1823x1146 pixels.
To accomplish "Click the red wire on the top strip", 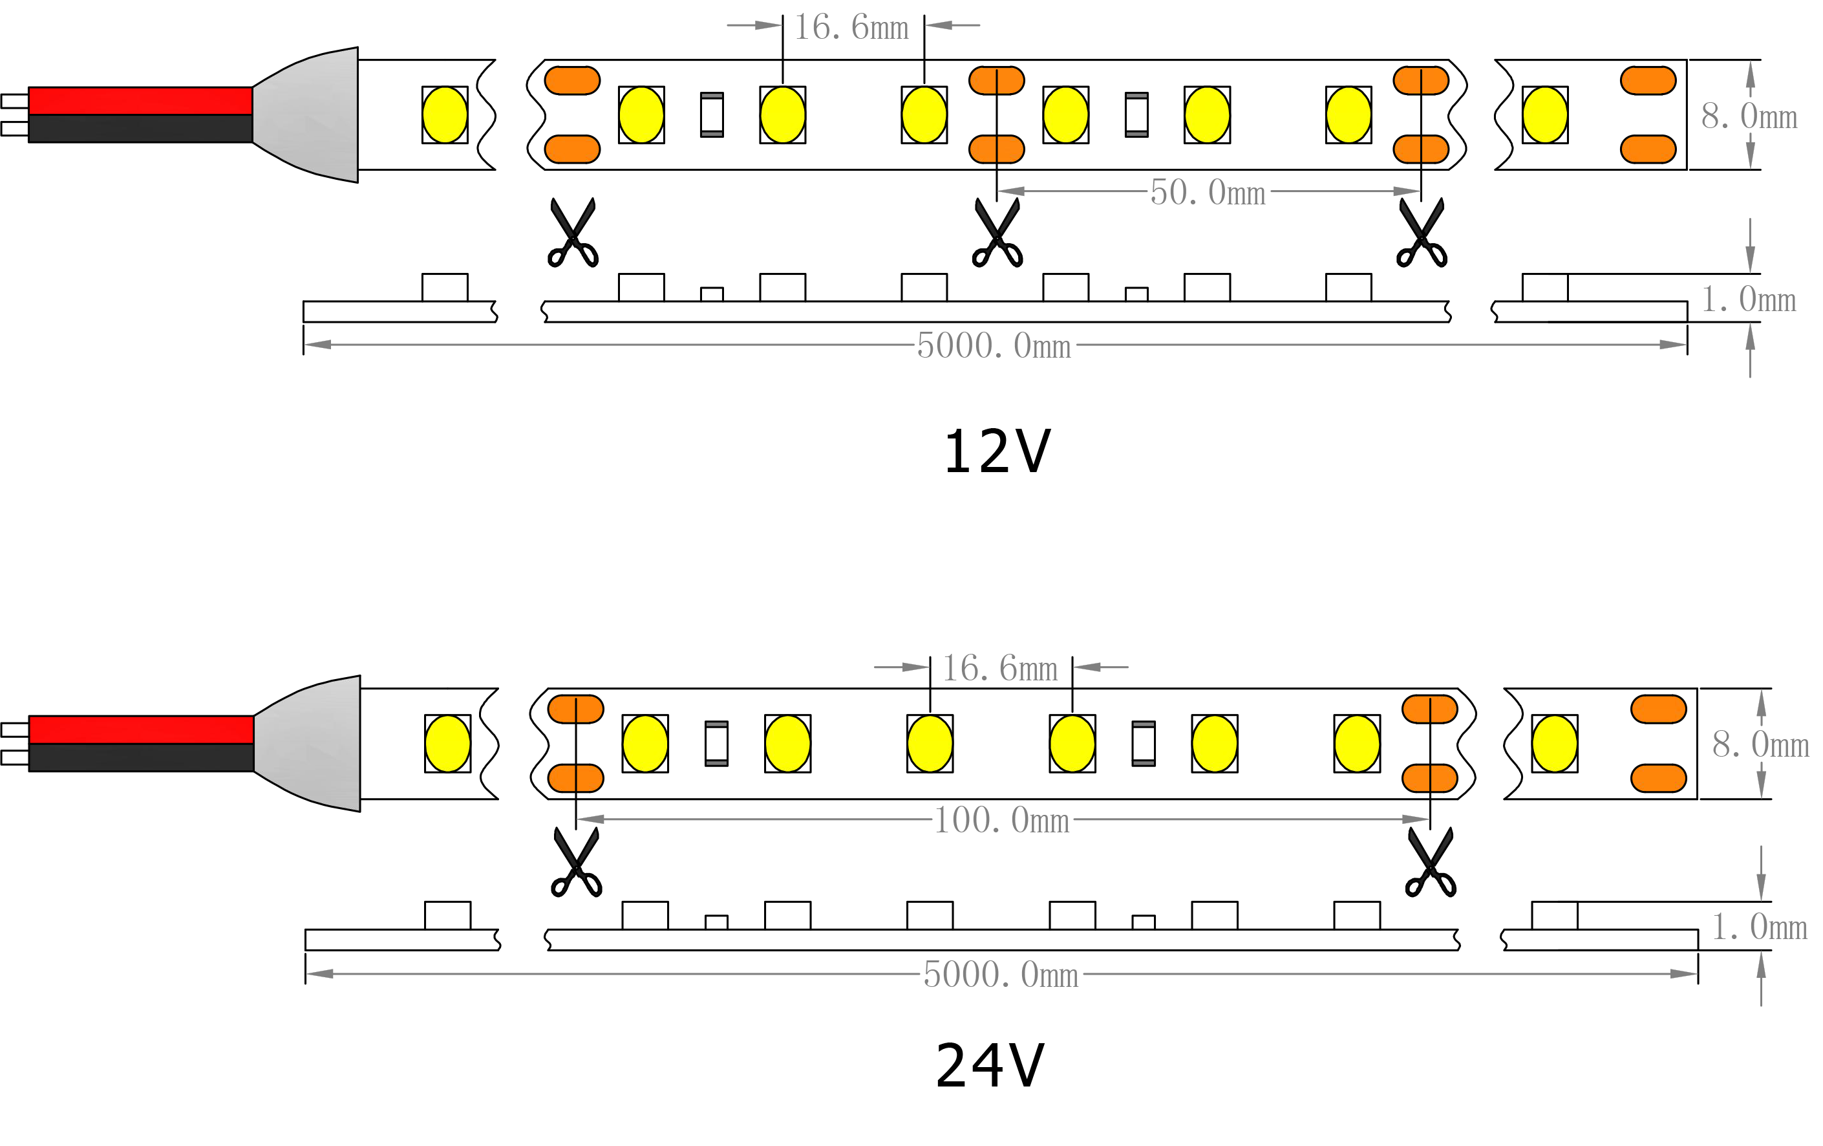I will tap(140, 101).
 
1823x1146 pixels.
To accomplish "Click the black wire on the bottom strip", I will tap(141, 757).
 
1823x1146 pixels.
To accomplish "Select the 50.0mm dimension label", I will tap(1208, 193).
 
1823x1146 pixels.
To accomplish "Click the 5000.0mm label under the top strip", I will tap(995, 346).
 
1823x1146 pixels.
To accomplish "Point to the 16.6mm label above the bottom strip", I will tap(999, 669).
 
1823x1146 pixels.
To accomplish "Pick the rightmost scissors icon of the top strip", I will tap(1422, 233).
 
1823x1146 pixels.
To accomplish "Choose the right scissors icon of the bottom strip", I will tap(1430, 863).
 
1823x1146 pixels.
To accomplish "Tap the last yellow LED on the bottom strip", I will tap(1554, 744).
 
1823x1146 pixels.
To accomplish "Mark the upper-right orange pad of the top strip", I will tap(1648, 80).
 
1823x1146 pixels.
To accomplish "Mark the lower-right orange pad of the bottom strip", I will tap(1659, 778).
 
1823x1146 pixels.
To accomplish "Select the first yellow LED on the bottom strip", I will tap(447, 744).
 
